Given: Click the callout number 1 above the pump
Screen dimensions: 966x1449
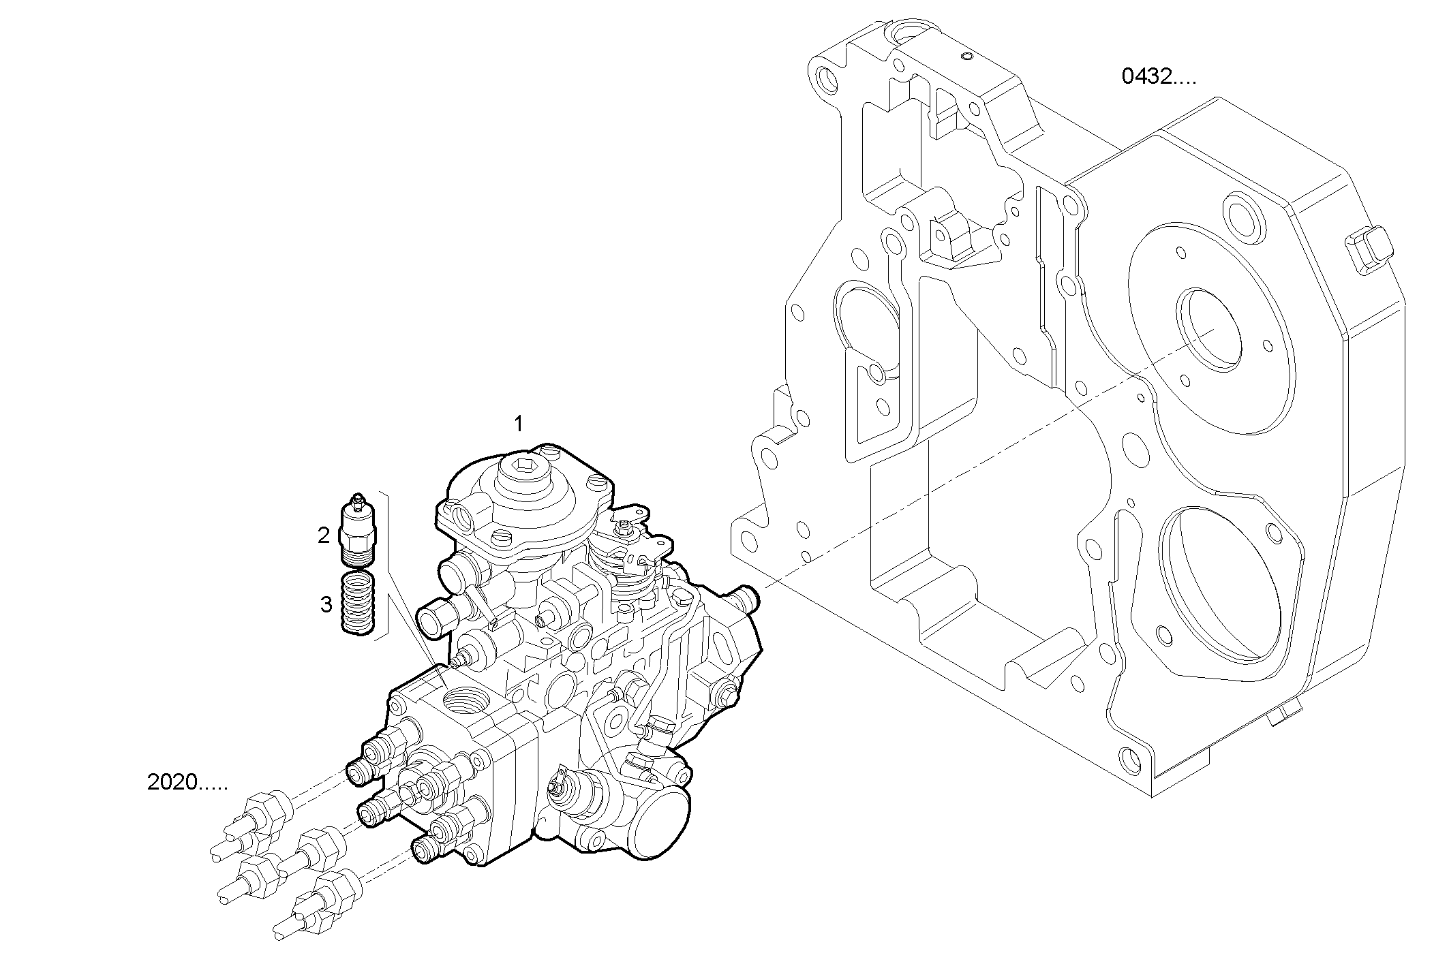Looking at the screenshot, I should tap(518, 424).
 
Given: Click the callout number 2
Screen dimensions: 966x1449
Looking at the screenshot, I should tap(324, 535).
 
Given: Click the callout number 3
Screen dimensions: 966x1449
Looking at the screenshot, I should tap(326, 604).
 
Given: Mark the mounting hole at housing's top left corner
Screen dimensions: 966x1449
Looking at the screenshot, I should tap(826, 80).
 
